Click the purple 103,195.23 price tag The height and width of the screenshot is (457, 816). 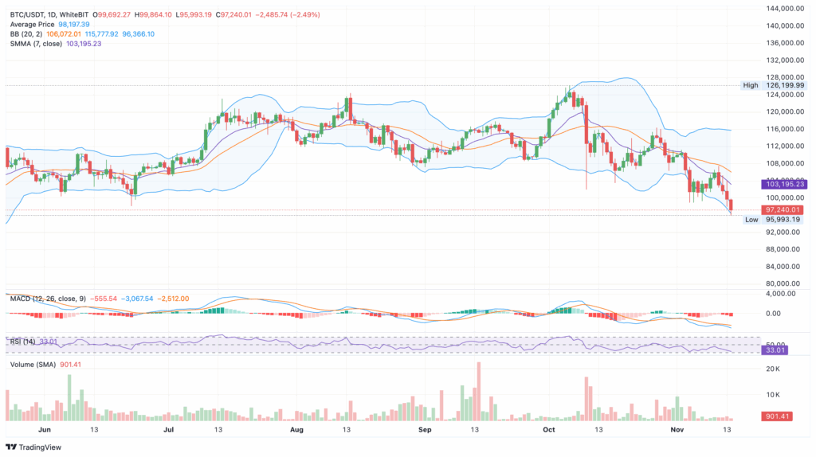[x=784, y=184]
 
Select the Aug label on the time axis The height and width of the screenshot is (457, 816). [x=296, y=428]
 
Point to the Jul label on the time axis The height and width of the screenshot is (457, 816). [x=168, y=428]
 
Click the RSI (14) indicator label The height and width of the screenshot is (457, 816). [x=22, y=342]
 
